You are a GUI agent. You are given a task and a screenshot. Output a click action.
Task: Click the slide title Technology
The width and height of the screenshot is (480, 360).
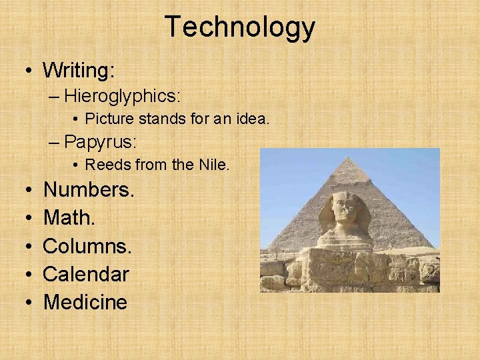click(x=240, y=27)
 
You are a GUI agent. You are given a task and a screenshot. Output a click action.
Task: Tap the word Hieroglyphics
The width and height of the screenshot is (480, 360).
click(x=122, y=96)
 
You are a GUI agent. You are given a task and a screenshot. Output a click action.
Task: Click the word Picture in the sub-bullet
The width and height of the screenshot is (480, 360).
click(x=109, y=119)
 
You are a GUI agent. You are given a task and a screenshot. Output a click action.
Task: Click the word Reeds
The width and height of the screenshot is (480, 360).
click(x=106, y=165)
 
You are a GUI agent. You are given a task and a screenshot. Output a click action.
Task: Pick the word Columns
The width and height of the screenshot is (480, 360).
click(x=87, y=245)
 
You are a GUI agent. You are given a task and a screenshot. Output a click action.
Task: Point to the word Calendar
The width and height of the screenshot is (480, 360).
click(x=86, y=274)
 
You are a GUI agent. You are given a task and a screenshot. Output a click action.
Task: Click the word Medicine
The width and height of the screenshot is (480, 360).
click(x=85, y=302)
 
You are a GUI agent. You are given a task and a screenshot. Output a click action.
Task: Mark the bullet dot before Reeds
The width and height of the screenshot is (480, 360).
click(x=77, y=165)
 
